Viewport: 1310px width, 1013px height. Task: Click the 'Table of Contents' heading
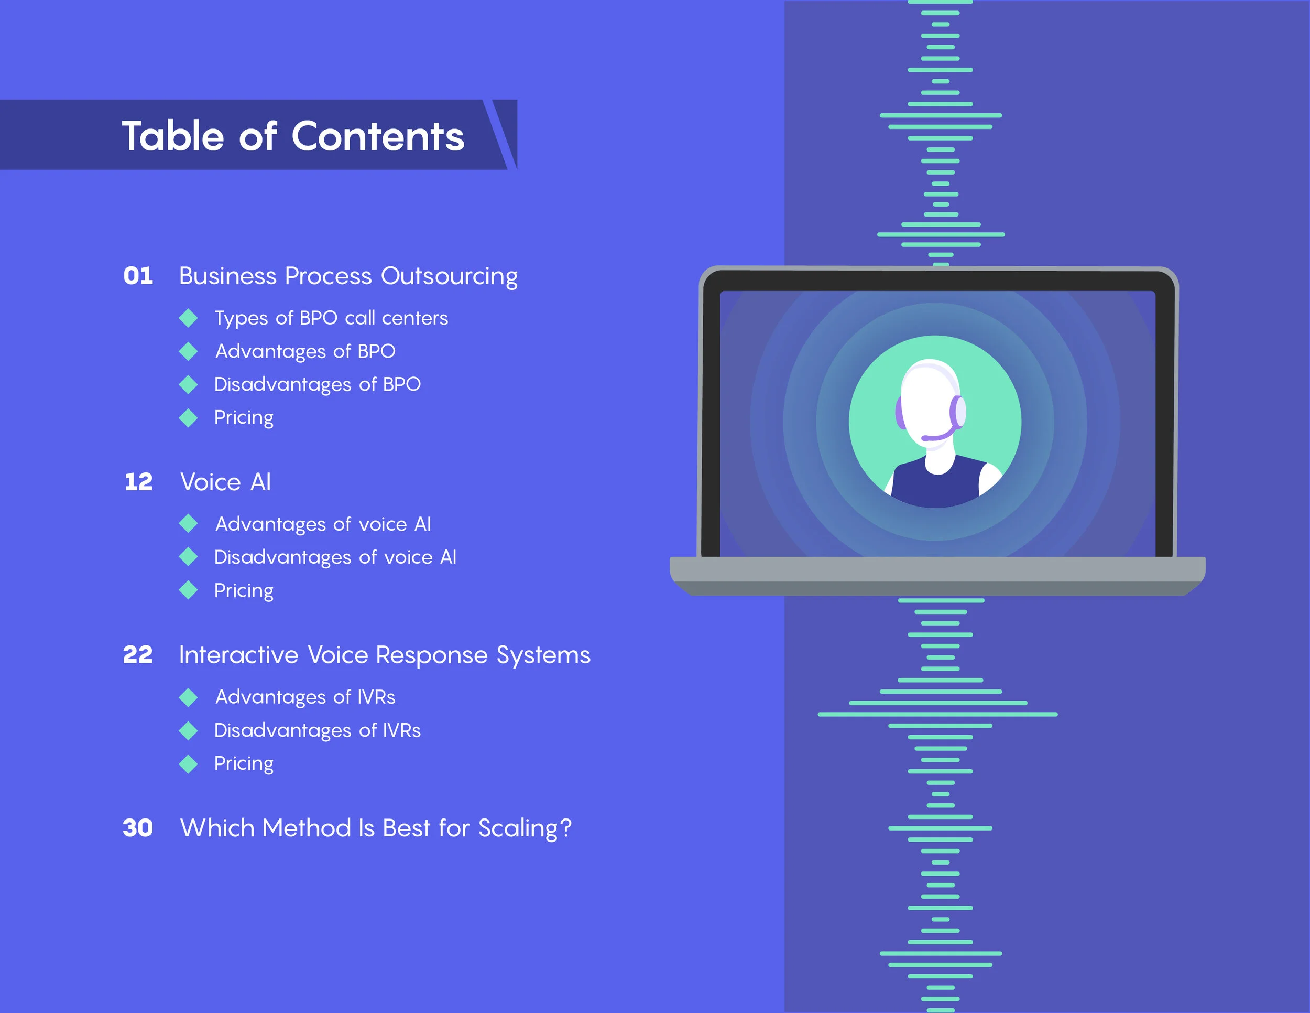[x=293, y=136]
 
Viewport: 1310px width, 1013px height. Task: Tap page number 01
[x=138, y=276]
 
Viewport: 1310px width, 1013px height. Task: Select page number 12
[x=138, y=482]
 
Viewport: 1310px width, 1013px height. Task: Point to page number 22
[x=138, y=655]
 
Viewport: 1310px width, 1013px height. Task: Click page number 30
[x=138, y=828]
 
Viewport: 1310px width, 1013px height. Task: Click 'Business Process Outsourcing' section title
[x=348, y=276]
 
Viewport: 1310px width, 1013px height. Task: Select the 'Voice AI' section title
[x=225, y=482]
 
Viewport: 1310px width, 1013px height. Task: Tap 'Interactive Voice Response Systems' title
[x=385, y=655]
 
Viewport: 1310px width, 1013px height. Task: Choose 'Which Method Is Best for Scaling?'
[x=376, y=828]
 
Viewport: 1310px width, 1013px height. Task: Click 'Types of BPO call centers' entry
[x=331, y=318]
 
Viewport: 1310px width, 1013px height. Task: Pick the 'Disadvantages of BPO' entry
[x=318, y=384]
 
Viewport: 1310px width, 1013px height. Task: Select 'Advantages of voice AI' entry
[x=323, y=524]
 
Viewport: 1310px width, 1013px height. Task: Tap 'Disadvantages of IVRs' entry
[x=318, y=730]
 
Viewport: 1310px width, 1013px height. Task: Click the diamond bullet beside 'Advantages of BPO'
[x=188, y=351]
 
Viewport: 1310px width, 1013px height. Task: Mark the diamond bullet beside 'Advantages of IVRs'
[x=188, y=697]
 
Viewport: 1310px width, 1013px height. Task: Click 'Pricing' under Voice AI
[x=244, y=590]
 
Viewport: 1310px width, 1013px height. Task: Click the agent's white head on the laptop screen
[x=927, y=402]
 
